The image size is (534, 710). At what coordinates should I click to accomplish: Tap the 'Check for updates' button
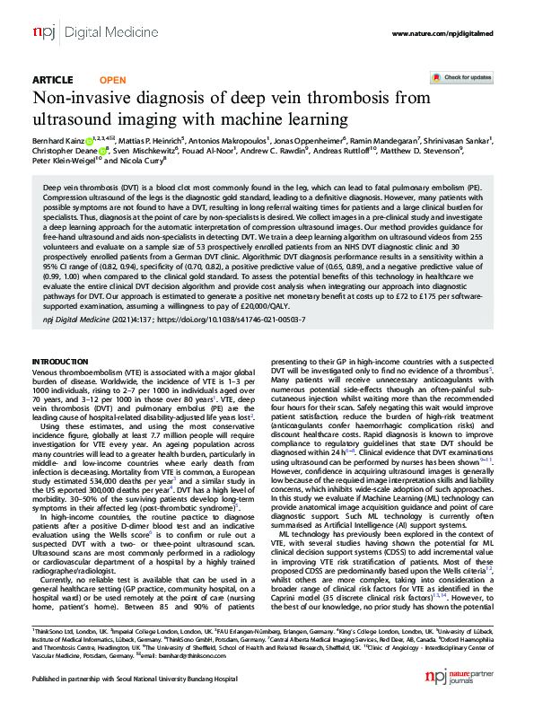coord(462,78)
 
